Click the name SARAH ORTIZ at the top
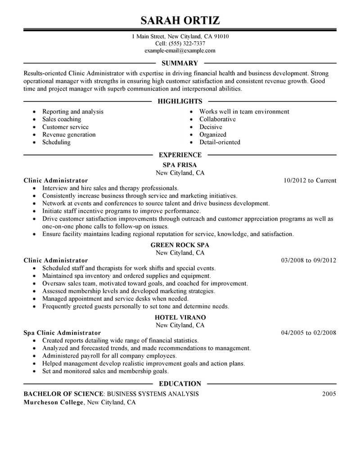point(180,20)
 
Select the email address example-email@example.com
point(180,51)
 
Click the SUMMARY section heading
point(180,63)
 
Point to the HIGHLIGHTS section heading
point(180,101)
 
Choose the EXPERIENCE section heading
point(180,155)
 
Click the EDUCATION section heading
point(180,384)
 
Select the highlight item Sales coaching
point(62,119)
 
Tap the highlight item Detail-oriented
point(220,142)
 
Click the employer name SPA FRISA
point(180,165)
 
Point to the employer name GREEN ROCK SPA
point(180,245)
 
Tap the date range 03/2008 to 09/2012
point(308,260)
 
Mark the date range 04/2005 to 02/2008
point(308,333)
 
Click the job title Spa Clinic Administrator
point(62,333)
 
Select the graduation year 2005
point(329,394)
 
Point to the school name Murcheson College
point(54,403)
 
